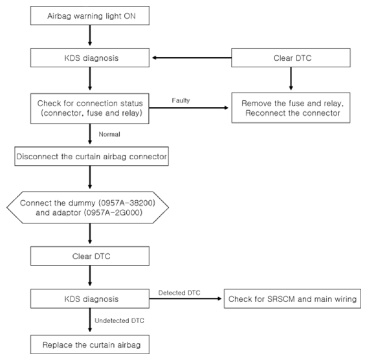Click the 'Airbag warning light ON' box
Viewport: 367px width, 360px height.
point(90,16)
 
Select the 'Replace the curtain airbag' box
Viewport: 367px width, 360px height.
point(90,344)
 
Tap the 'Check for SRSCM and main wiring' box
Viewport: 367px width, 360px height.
point(293,298)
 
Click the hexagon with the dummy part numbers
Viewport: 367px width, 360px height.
point(88,207)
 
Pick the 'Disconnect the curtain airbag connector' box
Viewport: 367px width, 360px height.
point(91,156)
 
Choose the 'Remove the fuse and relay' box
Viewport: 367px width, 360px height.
point(291,108)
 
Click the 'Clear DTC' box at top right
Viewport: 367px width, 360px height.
point(291,58)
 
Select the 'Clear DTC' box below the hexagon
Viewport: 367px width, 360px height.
point(90,256)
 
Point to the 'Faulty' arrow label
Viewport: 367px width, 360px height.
point(181,100)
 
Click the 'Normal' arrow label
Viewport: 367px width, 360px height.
point(109,134)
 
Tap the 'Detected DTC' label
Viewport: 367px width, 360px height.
point(179,293)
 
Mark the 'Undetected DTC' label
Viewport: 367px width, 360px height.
point(119,321)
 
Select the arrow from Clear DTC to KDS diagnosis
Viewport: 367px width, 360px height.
point(192,58)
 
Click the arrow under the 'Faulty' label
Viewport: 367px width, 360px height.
point(188,107)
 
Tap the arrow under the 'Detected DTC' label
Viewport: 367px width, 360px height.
point(185,298)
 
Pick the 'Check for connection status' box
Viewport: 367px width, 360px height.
point(89,108)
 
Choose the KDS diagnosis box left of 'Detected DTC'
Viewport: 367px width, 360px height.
point(90,298)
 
